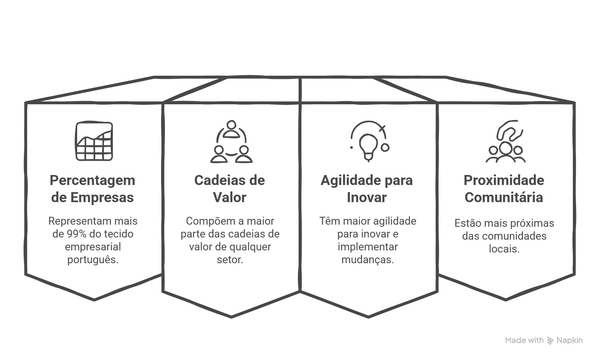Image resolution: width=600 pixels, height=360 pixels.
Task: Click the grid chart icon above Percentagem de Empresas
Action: click(x=94, y=141)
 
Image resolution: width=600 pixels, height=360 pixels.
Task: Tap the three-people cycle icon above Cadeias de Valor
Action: click(x=231, y=142)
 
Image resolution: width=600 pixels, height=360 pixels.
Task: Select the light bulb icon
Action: click(x=369, y=142)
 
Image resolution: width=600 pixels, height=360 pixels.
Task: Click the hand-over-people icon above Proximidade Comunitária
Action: click(x=506, y=142)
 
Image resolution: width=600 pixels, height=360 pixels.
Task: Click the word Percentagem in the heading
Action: click(x=92, y=180)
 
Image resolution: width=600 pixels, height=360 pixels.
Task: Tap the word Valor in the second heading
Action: click(x=230, y=197)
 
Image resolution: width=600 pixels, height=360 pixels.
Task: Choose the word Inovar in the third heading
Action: click(x=367, y=197)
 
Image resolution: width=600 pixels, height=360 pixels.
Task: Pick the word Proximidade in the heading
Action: click(x=504, y=180)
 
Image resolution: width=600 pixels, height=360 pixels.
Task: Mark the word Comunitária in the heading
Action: click(x=504, y=197)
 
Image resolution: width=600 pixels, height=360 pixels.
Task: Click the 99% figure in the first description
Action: click(x=77, y=234)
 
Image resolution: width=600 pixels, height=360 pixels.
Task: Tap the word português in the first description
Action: click(x=92, y=260)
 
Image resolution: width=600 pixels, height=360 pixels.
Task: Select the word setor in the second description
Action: click(x=230, y=260)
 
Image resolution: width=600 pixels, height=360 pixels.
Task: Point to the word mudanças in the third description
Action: click(x=367, y=260)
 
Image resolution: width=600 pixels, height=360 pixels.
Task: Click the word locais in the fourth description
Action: click(x=504, y=249)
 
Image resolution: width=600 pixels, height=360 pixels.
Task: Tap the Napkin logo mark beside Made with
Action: click(x=550, y=341)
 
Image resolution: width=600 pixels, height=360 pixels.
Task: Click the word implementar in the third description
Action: click(x=367, y=247)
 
